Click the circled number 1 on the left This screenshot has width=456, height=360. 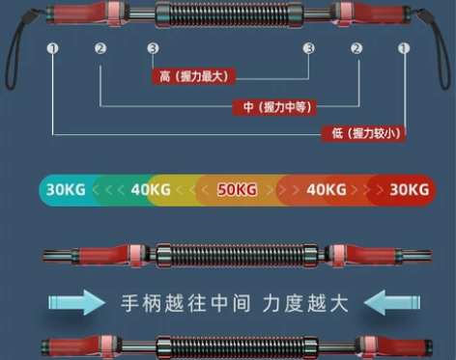[x=52, y=47]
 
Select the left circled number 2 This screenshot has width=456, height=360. [x=100, y=47]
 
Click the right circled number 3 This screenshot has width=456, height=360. [x=308, y=47]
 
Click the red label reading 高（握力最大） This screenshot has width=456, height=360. [x=194, y=75]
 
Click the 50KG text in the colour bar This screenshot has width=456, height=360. [x=238, y=189]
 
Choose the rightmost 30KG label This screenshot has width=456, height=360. [x=407, y=189]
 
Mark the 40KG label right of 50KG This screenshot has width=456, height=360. [x=326, y=189]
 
